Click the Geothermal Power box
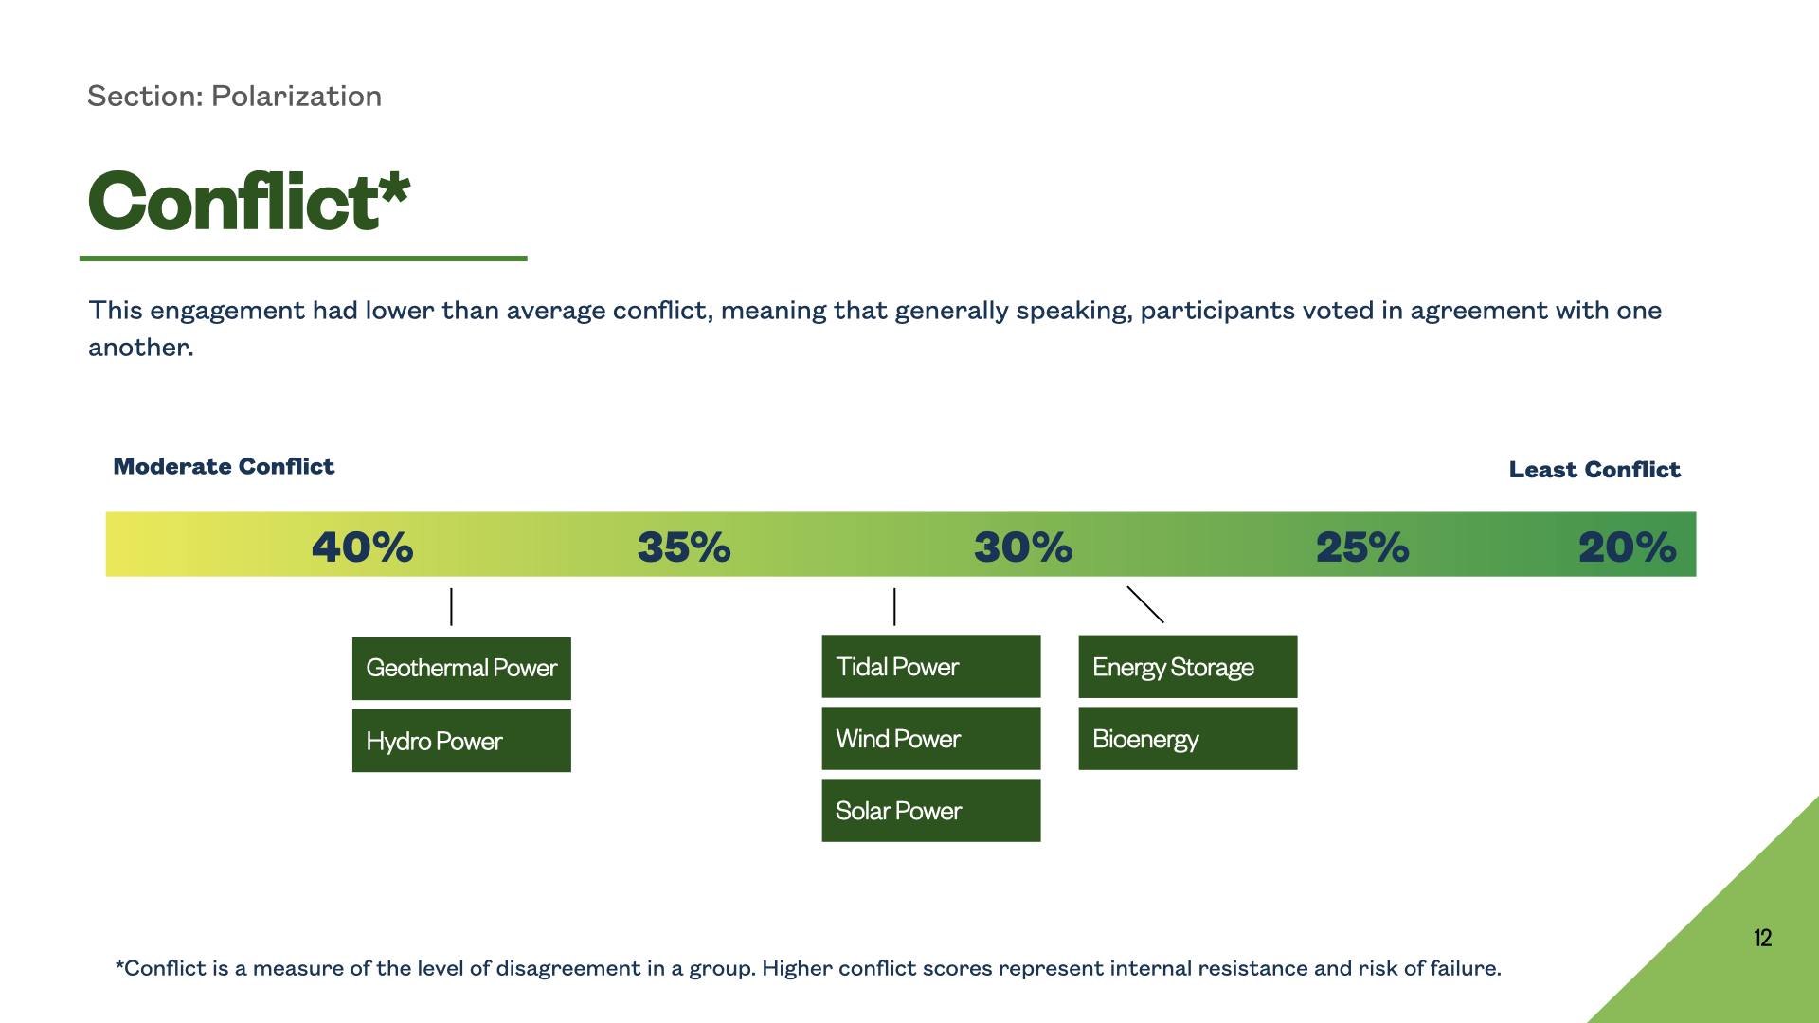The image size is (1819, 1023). point(461,669)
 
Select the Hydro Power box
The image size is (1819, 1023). point(461,741)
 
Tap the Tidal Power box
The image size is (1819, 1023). point(931,667)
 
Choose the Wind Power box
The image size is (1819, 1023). point(931,739)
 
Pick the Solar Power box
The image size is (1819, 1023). point(931,811)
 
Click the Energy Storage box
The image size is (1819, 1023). point(1188,667)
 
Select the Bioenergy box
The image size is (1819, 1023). point(1188,739)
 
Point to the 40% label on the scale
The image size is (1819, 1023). point(363,547)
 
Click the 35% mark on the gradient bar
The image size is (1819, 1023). point(684,547)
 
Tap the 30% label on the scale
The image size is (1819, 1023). point(1023,547)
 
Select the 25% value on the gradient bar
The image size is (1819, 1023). point(1362,547)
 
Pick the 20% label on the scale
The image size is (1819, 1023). point(1628,547)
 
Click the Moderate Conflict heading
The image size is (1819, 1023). point(224,467)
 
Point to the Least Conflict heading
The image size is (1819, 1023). point(1594,470)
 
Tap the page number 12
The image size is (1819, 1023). point(1762,938)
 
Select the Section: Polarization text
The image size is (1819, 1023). point(234,97)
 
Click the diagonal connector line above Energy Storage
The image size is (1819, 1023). point(1145,604)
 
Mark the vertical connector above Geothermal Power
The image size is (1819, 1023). point(451,607)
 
